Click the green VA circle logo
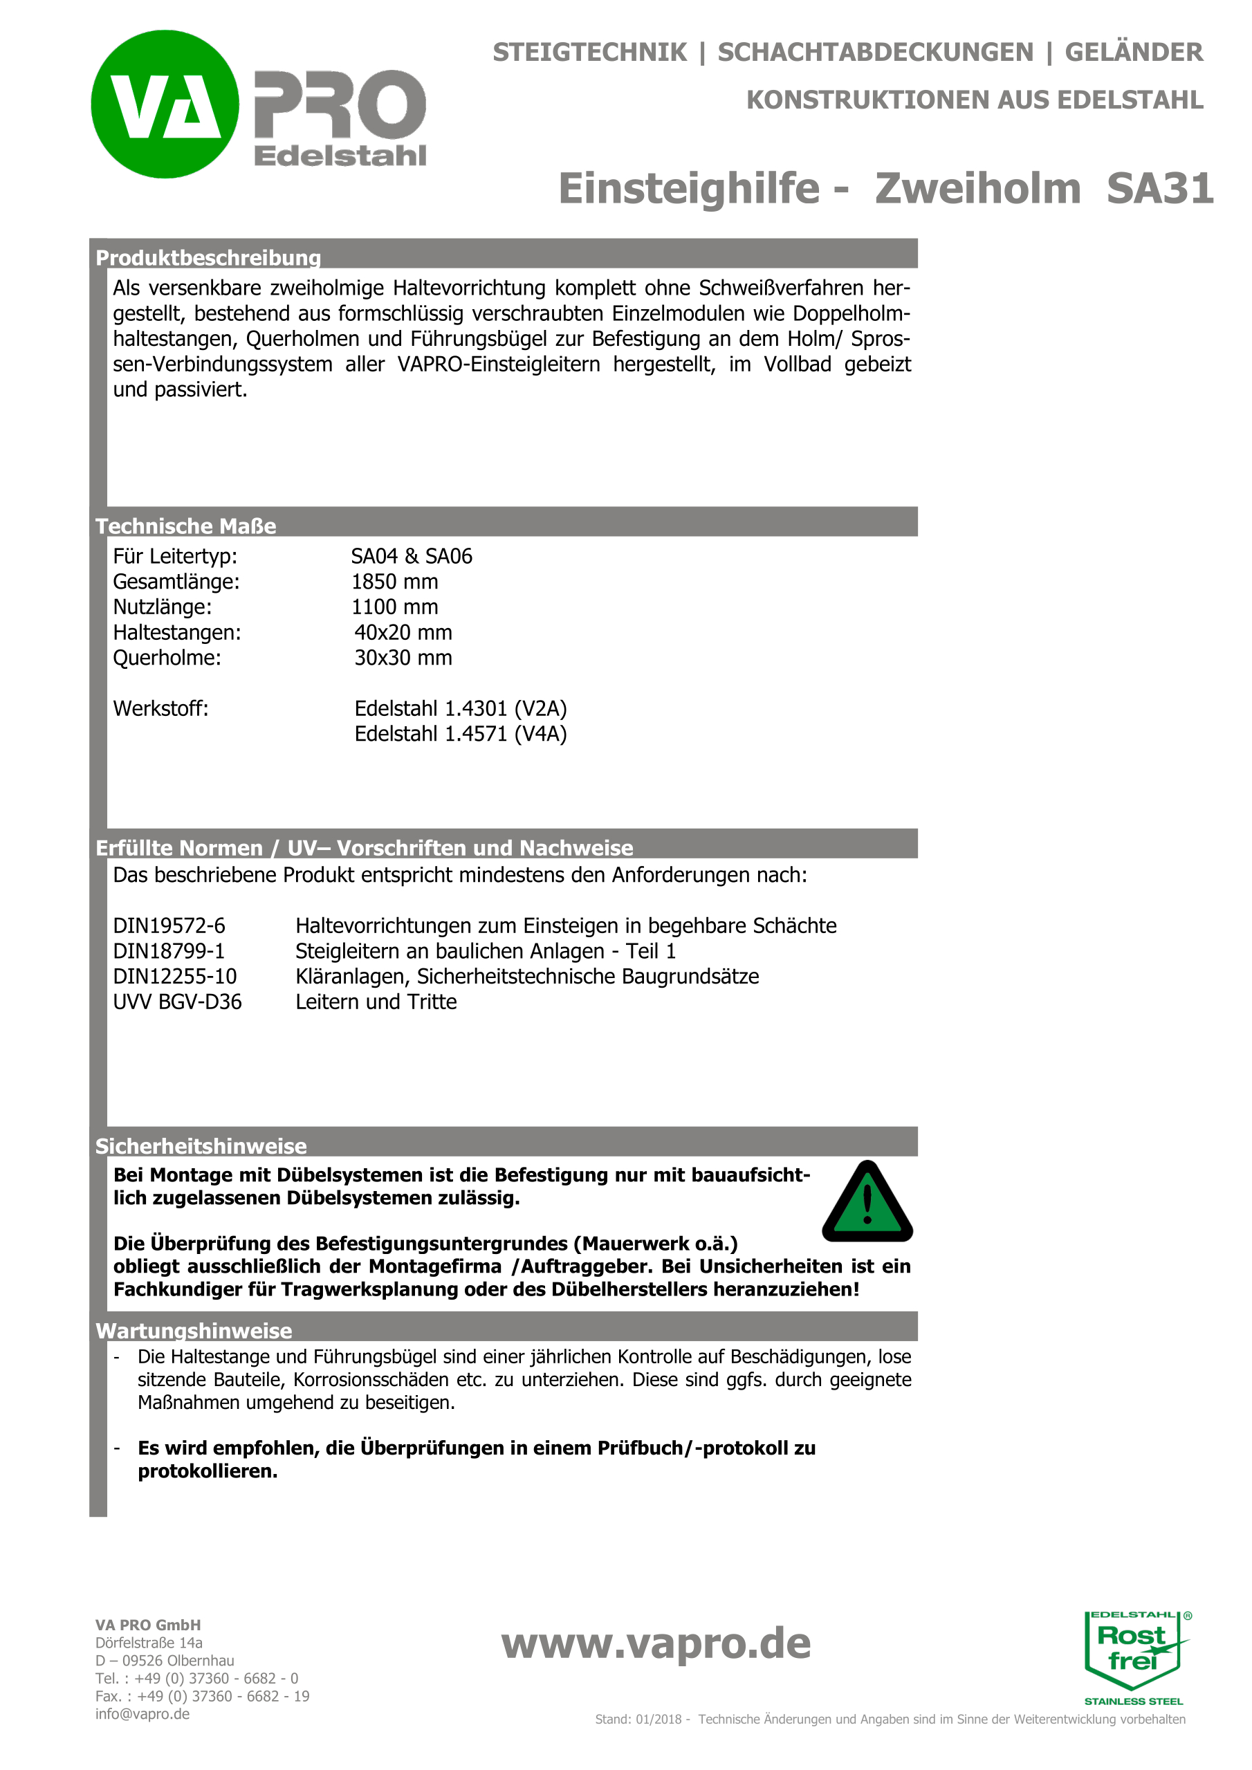(165, 104)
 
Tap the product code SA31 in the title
(1159, 189)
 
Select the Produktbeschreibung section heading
(208, 257)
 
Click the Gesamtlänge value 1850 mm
(395, 581)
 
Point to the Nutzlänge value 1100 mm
(395, 607)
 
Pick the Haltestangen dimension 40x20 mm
(403, 632)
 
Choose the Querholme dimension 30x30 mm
(403, 658)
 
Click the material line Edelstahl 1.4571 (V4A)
(460, 733)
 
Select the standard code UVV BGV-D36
(177, 1002)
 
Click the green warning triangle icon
(867, 1204)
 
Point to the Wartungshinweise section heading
(194, 1331)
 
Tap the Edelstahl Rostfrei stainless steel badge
(1134, 1656)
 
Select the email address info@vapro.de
(142, 1714)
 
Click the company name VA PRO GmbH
(148, 1625)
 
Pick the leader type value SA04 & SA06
(412, 556)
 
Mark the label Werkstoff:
(160, 708)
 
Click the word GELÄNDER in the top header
(1133, 53)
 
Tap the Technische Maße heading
(186, 526)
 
